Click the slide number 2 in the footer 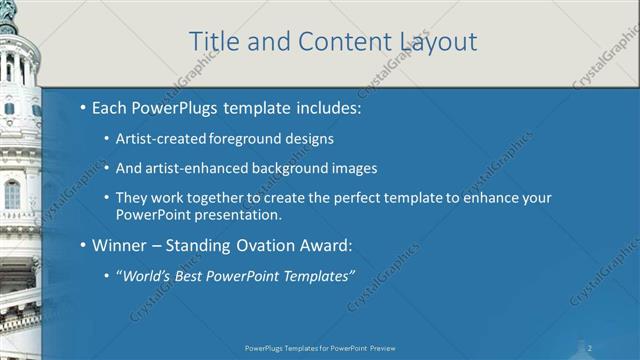590,347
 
